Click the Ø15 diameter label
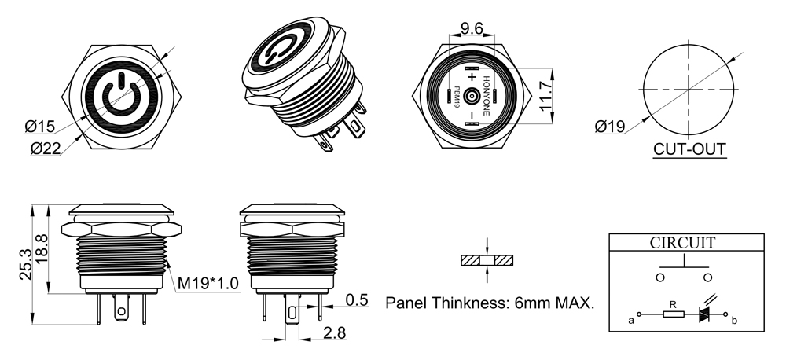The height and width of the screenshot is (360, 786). point(39,127)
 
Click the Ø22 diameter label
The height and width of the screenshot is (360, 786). point(46,148)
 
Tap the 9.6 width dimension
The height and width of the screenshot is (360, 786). point(472,28)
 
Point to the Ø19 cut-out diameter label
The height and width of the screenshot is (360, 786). point(610,127)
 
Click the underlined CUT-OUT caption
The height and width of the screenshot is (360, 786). point(690,149)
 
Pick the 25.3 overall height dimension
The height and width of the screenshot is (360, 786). point(26,264)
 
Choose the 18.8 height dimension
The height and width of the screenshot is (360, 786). point(42,248)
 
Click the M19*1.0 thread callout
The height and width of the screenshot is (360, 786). point(208,283)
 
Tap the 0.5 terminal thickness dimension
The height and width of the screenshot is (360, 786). point(357,299)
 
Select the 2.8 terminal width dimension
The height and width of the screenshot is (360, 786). point(334,332)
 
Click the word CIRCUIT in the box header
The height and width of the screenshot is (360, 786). point(682,243)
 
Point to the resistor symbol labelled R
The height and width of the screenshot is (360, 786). point(674,314)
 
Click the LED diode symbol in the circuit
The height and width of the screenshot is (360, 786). point(705,314)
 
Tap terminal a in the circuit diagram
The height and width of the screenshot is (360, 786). point(638,314)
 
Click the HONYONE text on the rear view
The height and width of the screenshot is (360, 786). point(486,96)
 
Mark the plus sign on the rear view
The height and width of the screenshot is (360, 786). point(471,77)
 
